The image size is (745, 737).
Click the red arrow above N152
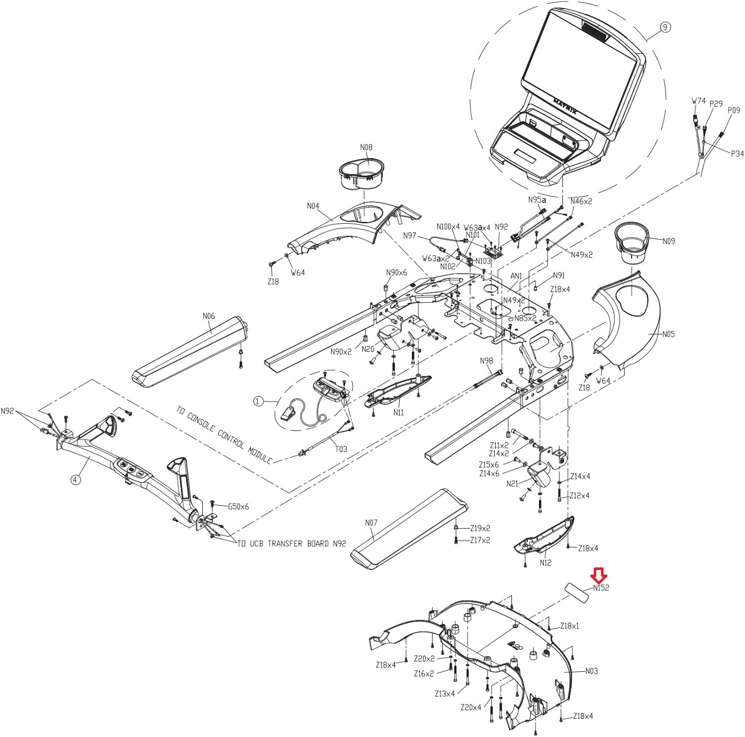pos(599,575)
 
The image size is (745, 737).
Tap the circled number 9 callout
pos(665,27)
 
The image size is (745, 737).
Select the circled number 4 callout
pos(75,480)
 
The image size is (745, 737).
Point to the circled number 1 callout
pos(258,401)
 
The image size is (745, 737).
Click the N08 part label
pos(366,147)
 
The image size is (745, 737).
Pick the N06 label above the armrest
pos(209,316)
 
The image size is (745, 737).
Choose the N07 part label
pos(371,522)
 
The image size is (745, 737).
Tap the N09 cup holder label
pos(669,241)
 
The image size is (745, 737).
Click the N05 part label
pos(669,334)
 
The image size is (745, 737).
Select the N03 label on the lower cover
pos(591,671)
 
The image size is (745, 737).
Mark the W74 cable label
pos(699,101)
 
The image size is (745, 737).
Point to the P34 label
pos(737,154)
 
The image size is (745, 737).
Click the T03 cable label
pos(341,449)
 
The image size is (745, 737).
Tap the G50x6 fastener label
pos(238,507)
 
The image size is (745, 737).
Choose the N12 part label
pos(545,563)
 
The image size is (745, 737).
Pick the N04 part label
pos(313,206)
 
